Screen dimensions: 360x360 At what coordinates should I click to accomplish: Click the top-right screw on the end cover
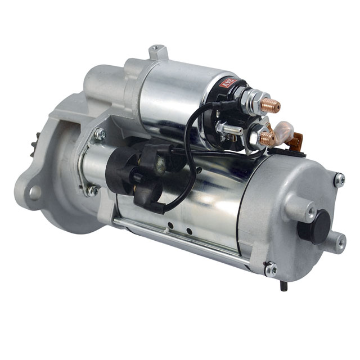tap(339, 179)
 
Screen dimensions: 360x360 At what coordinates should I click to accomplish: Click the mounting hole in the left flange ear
tap(34, 193)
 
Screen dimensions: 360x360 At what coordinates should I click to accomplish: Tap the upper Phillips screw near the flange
tap(100, 134)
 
